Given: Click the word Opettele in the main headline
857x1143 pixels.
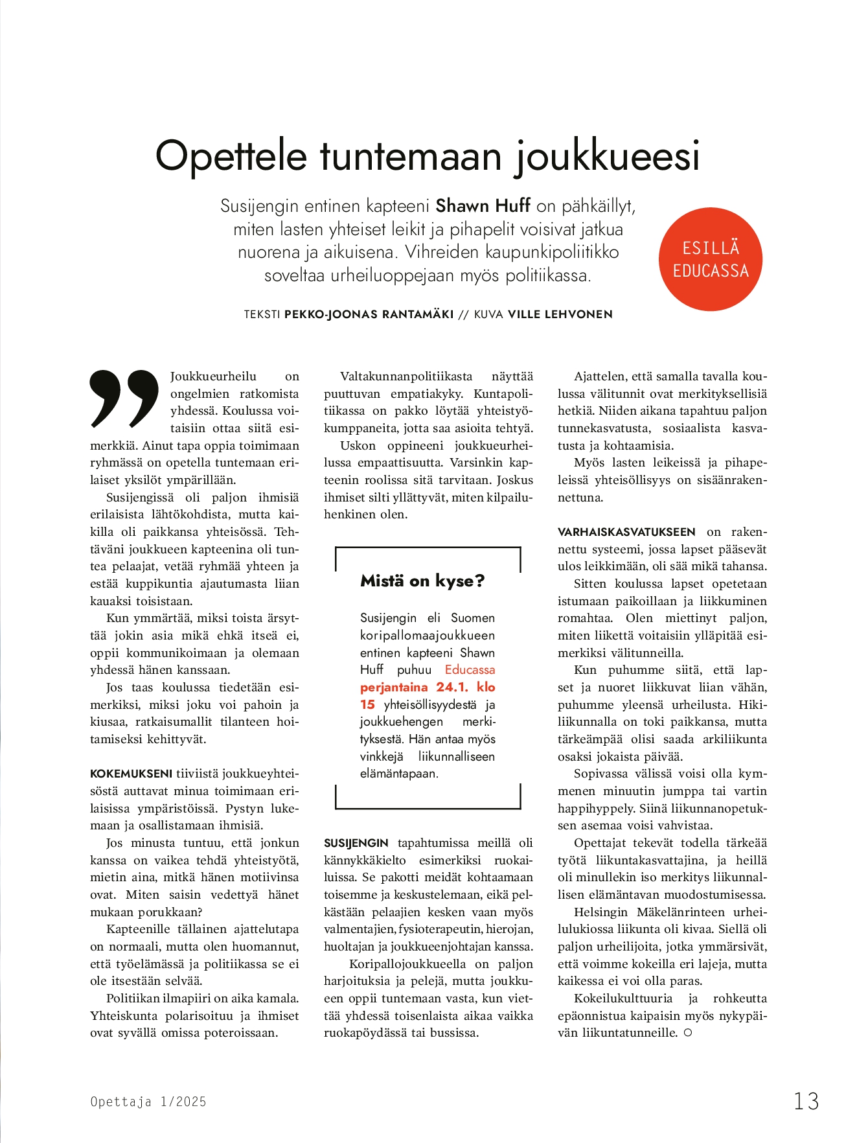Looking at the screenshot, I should coord(231,156).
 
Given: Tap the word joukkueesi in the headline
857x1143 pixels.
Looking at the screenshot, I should coord(607,156).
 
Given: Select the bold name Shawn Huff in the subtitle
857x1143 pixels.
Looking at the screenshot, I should coord(483,206).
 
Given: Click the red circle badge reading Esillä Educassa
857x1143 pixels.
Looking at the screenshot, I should coord(710,259).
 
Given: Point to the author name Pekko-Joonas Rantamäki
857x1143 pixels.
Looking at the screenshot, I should coord(369,314).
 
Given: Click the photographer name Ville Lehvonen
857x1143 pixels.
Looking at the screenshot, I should coord(560,314).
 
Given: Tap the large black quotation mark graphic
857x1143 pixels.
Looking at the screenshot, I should coord(124,398).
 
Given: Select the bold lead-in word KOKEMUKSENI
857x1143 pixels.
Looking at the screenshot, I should coord(131,774).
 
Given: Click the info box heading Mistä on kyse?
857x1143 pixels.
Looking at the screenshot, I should coord(422,581).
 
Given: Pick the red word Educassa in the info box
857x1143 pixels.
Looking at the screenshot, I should coord(470,670).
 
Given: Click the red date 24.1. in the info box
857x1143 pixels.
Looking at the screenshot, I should coord(452,687).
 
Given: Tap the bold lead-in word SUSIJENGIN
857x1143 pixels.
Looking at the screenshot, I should coord(356,843).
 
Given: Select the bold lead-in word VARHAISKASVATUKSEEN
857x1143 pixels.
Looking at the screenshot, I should coord(626,532).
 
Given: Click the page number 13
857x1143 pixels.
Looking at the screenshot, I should coord(806,1101).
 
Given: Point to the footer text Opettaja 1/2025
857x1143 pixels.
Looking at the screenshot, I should coord(148,1102).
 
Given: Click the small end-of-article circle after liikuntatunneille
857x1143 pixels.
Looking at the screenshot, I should coord(688,1033).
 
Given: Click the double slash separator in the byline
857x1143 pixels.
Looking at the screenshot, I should coord(463,314).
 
